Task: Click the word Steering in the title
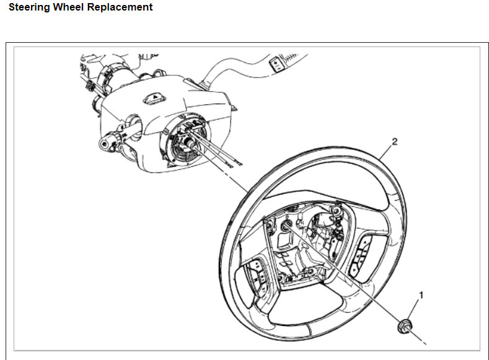(30, 8)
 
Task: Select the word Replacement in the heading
(122, 8)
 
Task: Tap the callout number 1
(422, 296)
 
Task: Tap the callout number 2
(395, 141)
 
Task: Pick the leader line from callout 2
(384, 152)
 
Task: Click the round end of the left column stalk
(104, 144)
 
